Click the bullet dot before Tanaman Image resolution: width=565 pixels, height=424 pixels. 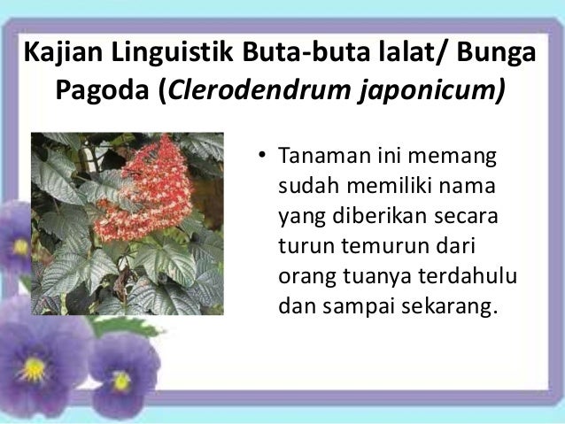[x=261, y=160]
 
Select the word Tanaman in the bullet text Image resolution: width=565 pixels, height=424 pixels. [x=321, y=160]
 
